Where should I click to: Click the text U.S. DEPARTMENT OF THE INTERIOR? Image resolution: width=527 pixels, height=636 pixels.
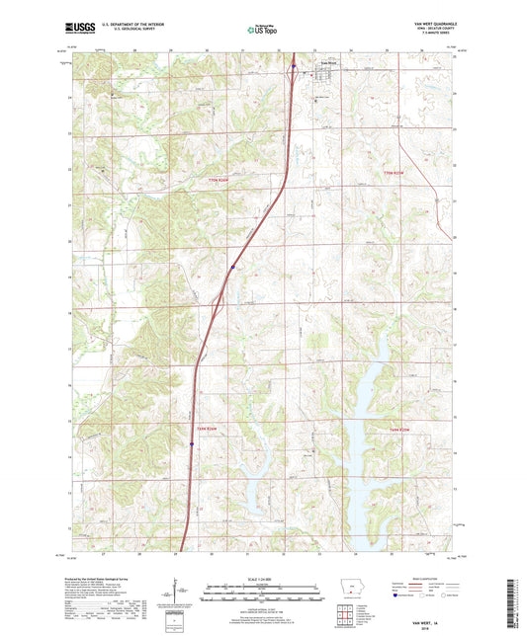134,26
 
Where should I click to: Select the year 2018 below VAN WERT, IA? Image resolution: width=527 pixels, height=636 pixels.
433,575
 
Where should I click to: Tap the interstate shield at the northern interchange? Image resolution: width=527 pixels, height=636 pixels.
294,68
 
